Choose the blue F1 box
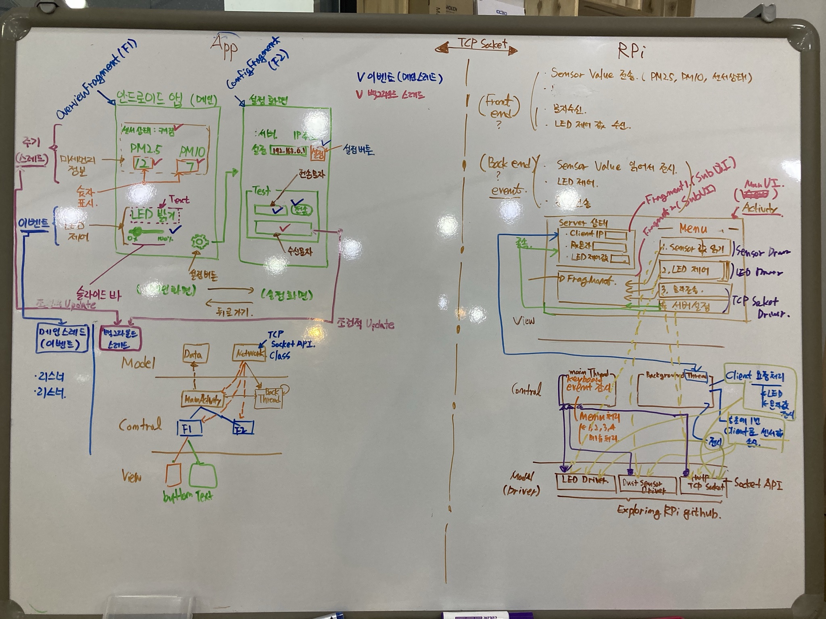[x=188, y=428]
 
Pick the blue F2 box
[x=243, y=428]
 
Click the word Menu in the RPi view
[x=693, y=229]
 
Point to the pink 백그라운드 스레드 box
[x=121, y=339]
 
